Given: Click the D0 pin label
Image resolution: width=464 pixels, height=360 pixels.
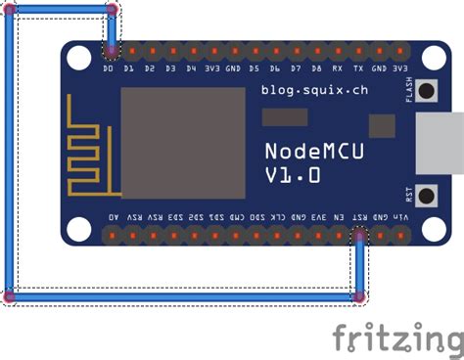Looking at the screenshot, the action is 108,70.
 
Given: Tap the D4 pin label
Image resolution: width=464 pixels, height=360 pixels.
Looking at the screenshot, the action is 191,70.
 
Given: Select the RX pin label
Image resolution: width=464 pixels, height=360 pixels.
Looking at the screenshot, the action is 338,70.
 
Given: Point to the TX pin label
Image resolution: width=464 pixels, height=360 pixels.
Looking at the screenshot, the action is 358,70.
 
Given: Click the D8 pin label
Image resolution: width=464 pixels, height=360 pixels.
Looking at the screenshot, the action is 316,70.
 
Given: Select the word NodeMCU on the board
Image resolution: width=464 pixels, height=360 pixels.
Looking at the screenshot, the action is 305,150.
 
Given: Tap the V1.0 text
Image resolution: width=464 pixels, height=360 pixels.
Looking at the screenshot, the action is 292,175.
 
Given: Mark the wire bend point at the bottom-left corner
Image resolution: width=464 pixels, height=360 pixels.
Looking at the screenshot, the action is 9,294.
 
